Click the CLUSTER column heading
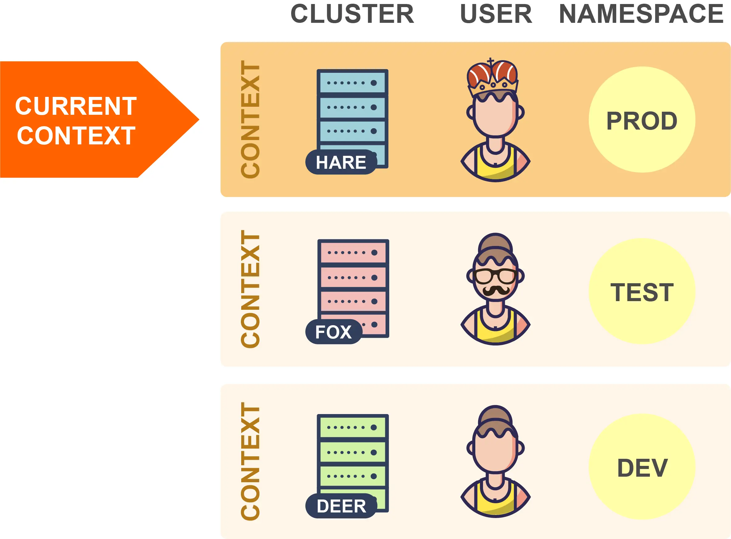(352, 14)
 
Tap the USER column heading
(496, 14)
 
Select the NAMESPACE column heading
(641, 14)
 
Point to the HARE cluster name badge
(341, 162)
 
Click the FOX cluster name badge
(333, 332)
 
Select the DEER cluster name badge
(341, 506)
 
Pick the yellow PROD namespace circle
(642, 120)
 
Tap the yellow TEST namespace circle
(642, 291)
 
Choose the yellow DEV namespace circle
(642, 467)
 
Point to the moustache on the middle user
(495, 290)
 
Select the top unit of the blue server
(352, 83)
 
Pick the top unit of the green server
(352, 427)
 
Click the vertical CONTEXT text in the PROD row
(250, 119)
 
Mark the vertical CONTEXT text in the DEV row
(250, 461)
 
